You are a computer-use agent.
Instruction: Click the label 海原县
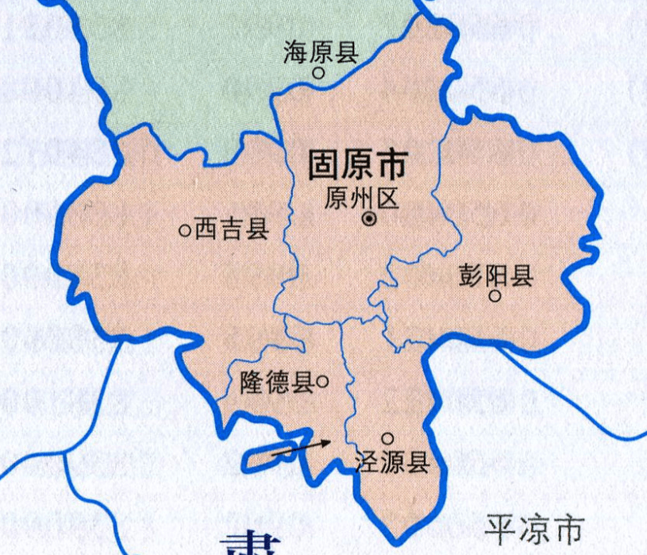tap(321, 53)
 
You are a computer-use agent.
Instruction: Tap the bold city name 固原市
tap(356, 165)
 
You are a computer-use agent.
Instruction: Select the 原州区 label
tap(360, 198)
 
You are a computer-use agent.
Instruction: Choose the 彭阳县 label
tap(495, 276)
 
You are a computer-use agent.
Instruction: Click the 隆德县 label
tap(276, 383)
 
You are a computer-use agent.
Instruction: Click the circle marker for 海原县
tap(318, 73)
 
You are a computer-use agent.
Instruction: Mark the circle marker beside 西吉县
tap(185, 231)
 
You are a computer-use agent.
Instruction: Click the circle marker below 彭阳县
tap(495, 296)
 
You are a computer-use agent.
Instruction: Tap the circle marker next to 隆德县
tap(322, 382)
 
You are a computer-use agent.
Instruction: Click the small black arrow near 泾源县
tap(301, 447)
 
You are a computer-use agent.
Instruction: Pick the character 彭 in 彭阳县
tap(471, 276)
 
